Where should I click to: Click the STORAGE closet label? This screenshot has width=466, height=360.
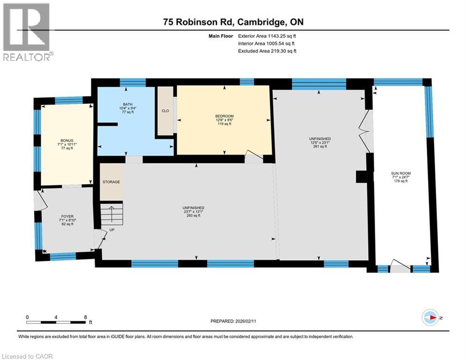click(111, 182)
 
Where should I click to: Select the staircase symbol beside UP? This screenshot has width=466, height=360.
click(111, 214)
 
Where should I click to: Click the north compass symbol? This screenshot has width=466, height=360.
click(430, 317)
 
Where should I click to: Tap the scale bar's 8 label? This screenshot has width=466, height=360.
click(85, 317)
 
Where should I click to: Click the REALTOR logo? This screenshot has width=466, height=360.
click(27, 31)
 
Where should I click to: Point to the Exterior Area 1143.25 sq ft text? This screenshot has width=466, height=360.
click(267, 35)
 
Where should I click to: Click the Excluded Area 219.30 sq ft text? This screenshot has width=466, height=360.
click(267, 51)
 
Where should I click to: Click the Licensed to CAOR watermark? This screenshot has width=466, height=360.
click(28, 356)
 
